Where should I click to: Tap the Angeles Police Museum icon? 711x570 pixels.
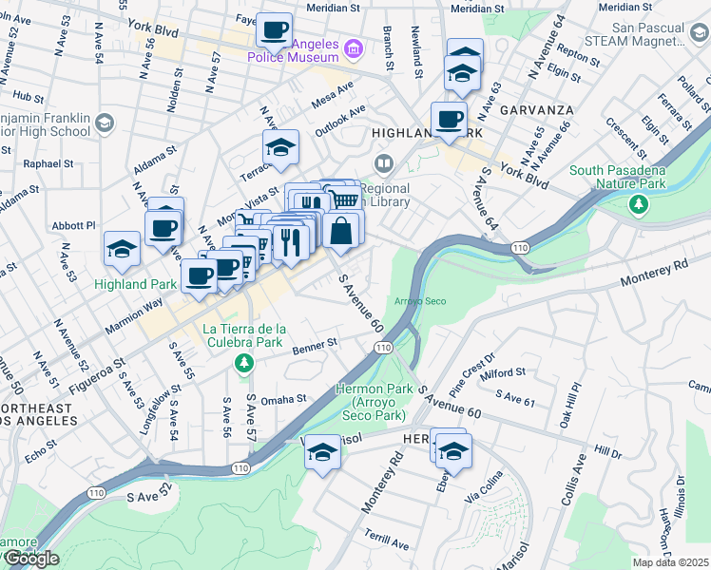pyautogui.click(x=354, y=47)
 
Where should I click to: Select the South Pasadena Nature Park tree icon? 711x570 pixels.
pyautogui.click(x=641, y=202)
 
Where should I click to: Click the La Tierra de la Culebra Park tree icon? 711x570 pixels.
pyautogui.click(x=244, y=362)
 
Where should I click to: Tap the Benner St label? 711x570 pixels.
pyautogui.click(x=318, y=344)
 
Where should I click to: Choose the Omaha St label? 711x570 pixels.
pyautogui.click(x=284, y=400)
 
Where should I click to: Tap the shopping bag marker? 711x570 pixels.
pyautogui.click(x=340, y=230)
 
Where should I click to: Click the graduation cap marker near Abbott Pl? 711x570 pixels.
pyautogui.click(x=122, y=249)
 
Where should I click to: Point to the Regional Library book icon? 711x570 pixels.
pyautogui.click(x=384, y=164)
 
